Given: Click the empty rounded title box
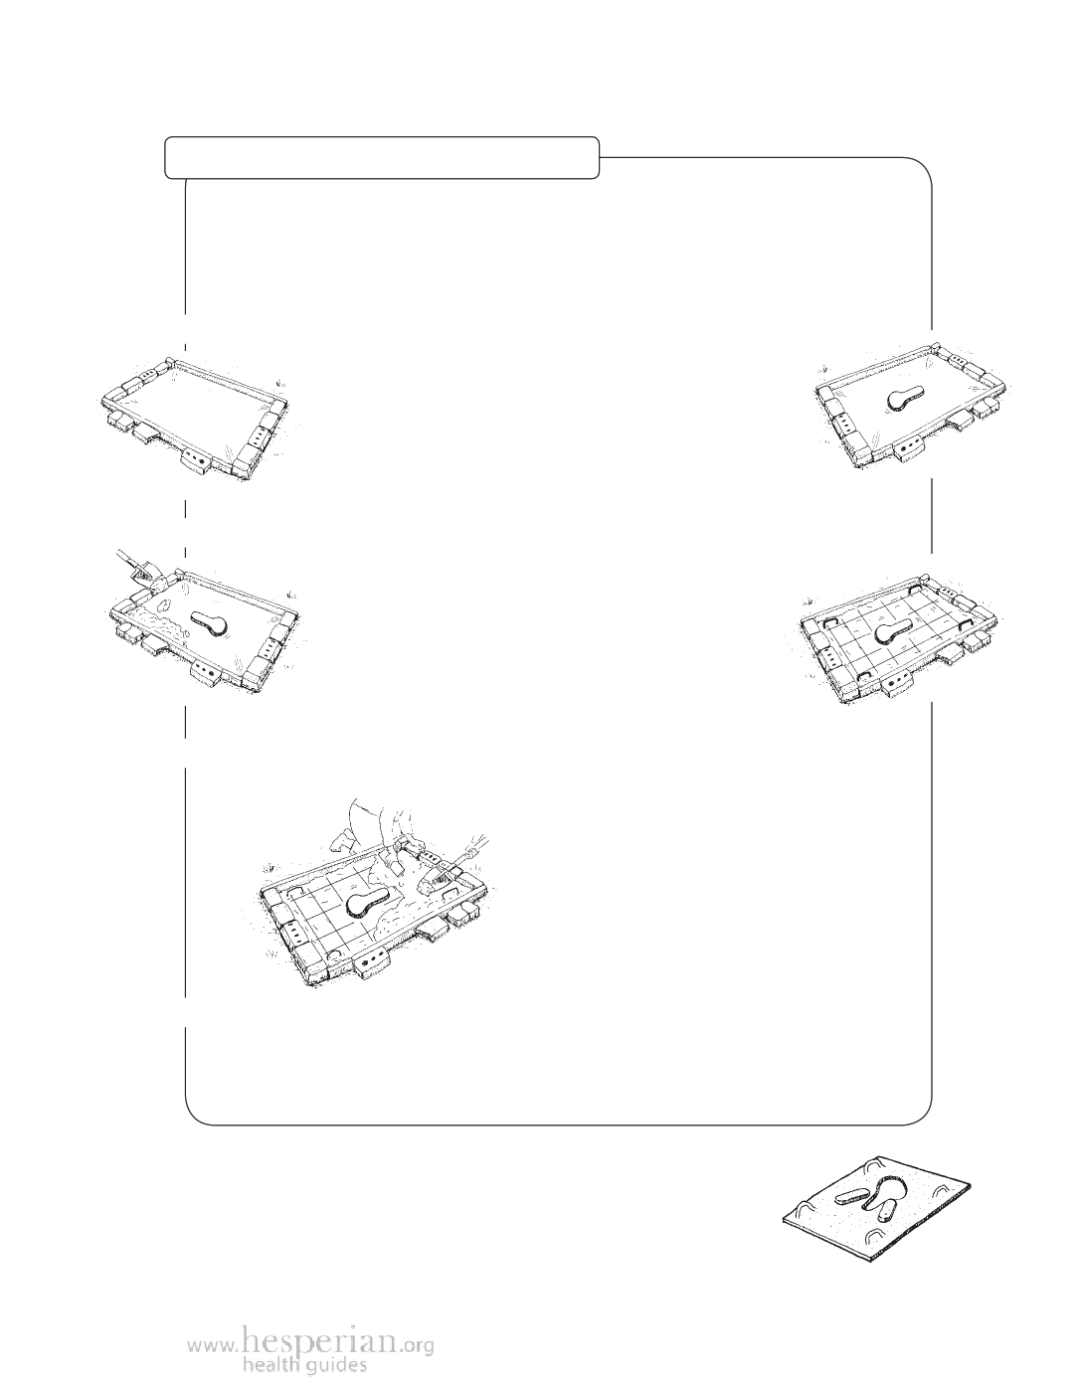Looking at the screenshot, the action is (382, 157).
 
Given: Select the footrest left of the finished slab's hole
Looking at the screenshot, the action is (849, 1196).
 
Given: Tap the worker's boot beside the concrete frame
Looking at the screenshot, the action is (341, 843).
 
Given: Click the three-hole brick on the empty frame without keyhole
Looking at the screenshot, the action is (259, 437).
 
